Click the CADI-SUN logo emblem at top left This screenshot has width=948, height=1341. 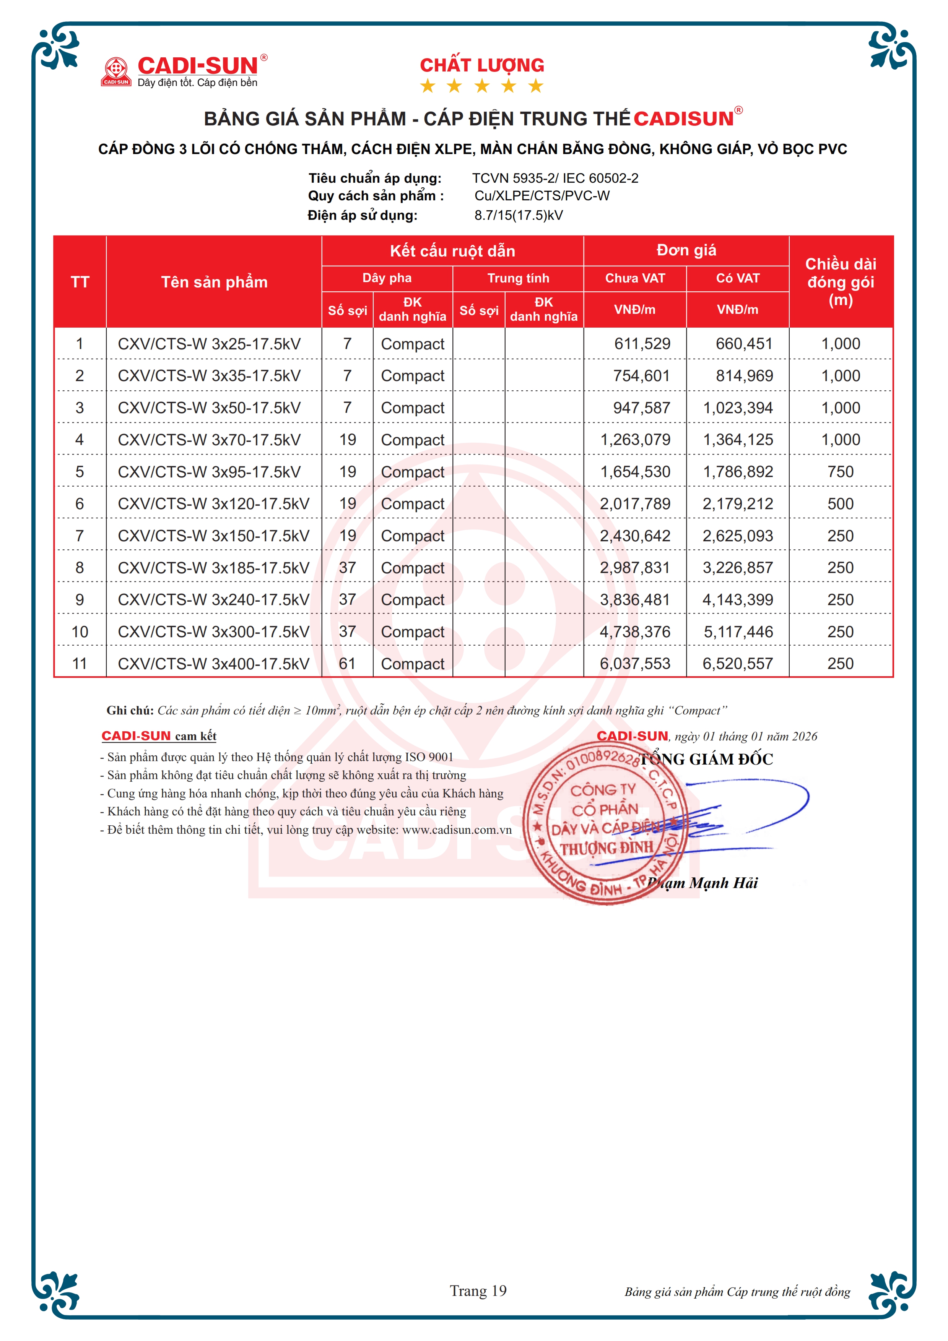click(116, 71)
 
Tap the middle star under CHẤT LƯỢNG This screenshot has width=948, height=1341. click(482, 86)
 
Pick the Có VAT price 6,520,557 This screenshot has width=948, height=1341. click(737, 664)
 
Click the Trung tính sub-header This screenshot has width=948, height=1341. click(518, 278)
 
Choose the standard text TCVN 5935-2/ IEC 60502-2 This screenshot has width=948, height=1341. click(555, 178)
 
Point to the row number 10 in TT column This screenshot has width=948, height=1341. click(80, 632)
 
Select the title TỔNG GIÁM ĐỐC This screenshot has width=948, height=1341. click(706, 759)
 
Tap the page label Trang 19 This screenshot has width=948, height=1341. click(478, 1291)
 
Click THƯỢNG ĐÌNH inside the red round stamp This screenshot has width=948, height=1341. click(606, 848)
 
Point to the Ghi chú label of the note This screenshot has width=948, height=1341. click(130, 710)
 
